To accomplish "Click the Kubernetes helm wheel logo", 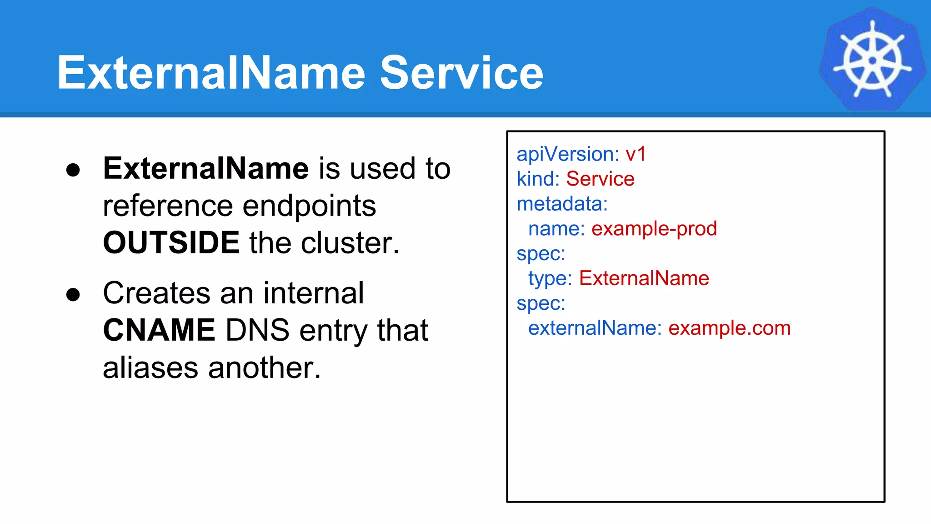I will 872,59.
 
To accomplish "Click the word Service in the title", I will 461,73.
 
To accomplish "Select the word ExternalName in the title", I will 211,73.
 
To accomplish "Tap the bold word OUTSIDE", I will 171,242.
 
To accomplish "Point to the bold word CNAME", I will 159,330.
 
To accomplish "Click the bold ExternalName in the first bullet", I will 206,169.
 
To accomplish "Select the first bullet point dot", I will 73,170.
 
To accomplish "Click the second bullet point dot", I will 73,295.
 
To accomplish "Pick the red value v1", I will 636,154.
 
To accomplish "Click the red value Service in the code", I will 600,179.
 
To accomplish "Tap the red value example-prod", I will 654,229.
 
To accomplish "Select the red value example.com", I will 729,328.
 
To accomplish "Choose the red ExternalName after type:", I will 644,278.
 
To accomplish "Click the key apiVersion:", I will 568,154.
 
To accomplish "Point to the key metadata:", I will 562,204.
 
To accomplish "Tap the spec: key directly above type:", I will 541,253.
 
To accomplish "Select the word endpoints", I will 309,206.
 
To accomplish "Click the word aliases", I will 150,368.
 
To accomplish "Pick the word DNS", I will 257,330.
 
